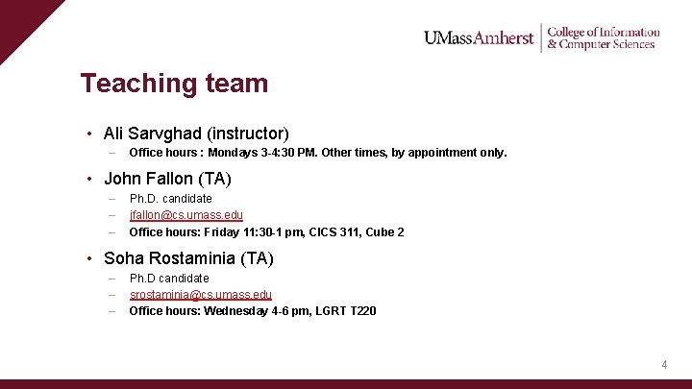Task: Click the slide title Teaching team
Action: [x=174, y=84]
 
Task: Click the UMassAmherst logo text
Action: [x=479, y=37]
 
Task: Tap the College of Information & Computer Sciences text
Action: [x=603, y=37]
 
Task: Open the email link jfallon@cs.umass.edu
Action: [x=185, y=215]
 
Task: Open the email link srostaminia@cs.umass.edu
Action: [x=200, y=295]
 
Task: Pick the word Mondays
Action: [x=234, y=153]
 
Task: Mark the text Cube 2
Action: [x=385, y=232]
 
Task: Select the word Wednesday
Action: [x=240, y=311]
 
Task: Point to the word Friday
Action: [x=220, y=232]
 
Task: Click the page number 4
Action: [x=664, y=365]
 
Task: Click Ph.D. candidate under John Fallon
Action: [x=170, y=199]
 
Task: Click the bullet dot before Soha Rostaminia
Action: [x=88, y=257]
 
